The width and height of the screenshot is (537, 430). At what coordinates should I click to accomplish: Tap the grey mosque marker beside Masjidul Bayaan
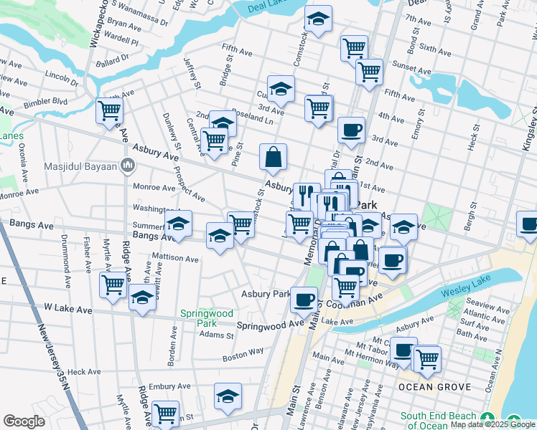click(127, 166)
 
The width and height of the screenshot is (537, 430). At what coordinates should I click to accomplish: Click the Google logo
click(24, 421)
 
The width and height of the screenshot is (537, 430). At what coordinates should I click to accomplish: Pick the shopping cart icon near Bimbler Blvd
click(109, 111)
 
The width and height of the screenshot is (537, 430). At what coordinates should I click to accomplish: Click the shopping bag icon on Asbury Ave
click(274, 158)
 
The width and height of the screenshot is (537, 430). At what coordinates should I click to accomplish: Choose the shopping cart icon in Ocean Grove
click(427, 358)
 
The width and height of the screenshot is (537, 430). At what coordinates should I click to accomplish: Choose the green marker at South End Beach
click(489, 418)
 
